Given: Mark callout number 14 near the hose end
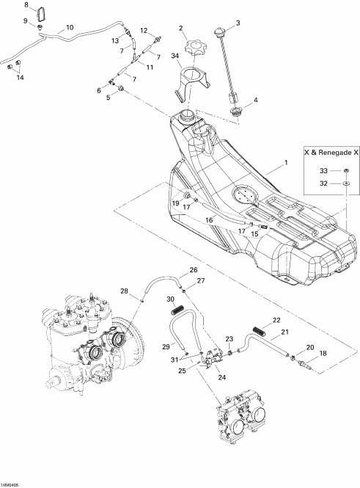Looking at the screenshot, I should coord(20,77).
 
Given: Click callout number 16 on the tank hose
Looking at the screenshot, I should coord(210,219).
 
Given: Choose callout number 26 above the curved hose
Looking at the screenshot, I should coord(194,270).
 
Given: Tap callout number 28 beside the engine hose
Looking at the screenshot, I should coord(124,291).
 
